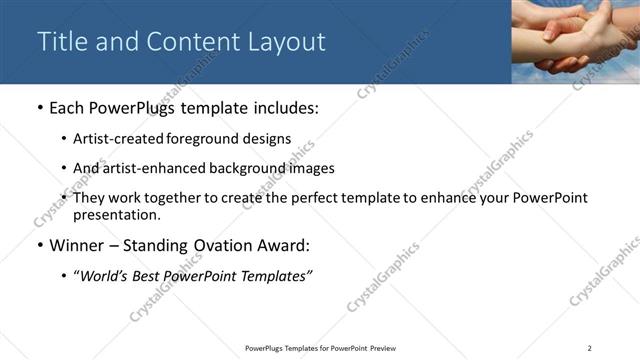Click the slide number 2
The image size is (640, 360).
pos(590,348)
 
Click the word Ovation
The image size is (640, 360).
pos(213,244)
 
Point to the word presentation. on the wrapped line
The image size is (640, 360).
pos(116,214)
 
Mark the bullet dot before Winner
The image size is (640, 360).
pos(38,245)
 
